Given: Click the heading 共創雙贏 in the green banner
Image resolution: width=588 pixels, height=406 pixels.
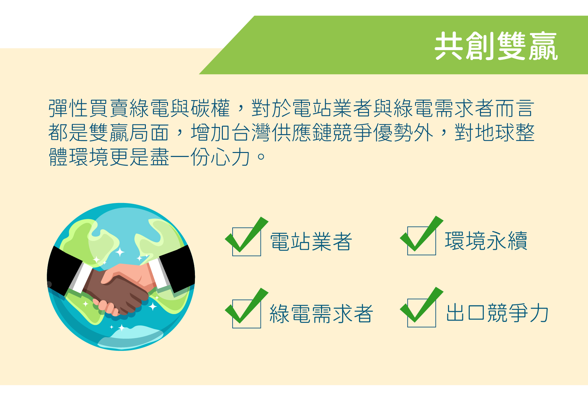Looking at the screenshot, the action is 496,46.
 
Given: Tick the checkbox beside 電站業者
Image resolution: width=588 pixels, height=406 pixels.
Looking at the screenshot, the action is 247,242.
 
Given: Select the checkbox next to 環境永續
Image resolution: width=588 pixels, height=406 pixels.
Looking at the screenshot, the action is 422,241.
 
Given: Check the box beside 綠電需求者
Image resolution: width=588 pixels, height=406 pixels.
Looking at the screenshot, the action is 247,314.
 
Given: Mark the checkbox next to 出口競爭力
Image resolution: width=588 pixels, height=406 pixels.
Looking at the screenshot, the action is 422,313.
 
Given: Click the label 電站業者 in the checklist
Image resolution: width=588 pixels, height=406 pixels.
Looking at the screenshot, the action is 311,242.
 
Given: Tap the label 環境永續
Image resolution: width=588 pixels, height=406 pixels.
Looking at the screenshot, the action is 486,241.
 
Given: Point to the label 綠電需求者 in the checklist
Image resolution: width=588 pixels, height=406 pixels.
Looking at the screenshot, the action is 321,314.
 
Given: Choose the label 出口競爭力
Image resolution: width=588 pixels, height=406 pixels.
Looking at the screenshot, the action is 497,313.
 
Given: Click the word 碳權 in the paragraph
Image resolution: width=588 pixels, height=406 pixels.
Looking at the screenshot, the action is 211,108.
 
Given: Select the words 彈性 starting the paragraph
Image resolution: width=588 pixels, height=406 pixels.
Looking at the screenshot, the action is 68,108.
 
